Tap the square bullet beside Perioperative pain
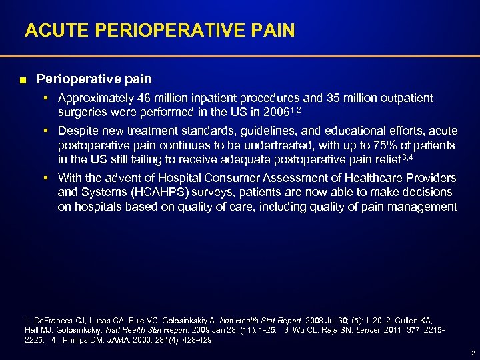(x=23, y=80)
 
